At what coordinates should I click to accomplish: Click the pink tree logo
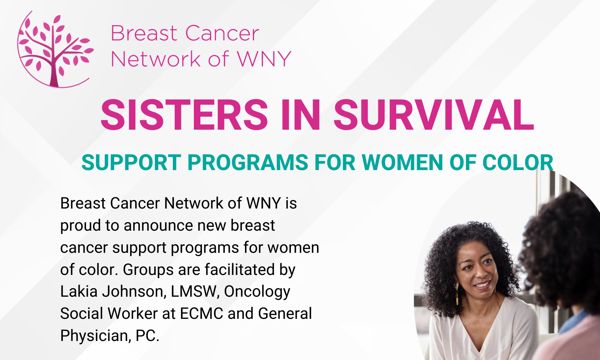55,50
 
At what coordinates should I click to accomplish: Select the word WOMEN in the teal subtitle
402,162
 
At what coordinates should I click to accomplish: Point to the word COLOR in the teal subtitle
518,162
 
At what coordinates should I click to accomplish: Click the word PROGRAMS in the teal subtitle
248,162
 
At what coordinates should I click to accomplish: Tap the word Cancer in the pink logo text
222,33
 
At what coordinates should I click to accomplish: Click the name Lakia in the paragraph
79,291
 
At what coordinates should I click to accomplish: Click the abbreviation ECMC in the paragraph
202,313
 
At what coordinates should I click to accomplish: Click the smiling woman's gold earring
457,294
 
